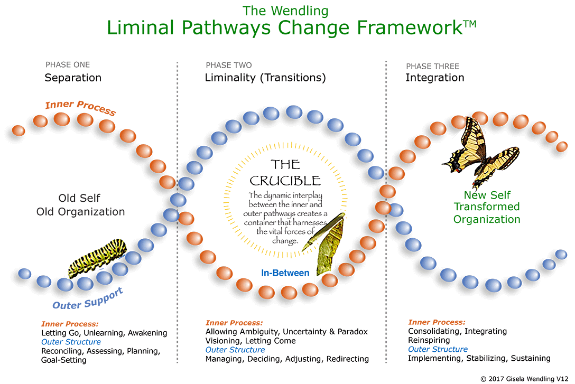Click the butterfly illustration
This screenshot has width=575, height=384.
(x=480, y=152)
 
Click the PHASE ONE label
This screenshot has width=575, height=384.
(x=68, y=65)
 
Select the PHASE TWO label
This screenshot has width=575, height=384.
(x=229, y=65)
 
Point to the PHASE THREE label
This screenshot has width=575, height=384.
(x=432, y=67)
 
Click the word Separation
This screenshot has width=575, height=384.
(x=73, y=78)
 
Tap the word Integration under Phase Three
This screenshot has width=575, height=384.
(x=435, y=78)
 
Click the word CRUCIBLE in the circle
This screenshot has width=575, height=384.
(x=285, y=181)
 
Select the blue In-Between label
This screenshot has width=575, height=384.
(x=285, y=273)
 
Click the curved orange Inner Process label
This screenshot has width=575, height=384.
(x=80, y=107)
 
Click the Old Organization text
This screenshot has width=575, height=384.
(x=80, y=212)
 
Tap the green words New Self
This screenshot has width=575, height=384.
(x=487, y=195)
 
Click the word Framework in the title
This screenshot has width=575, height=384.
(x=410, y=27)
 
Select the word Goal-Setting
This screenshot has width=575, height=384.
(x=64, y=360)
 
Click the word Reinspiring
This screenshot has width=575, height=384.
(x=429, y=340)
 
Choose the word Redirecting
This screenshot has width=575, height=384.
(x=348, y=359)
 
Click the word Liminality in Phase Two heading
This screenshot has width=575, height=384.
(x=230, y=78)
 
